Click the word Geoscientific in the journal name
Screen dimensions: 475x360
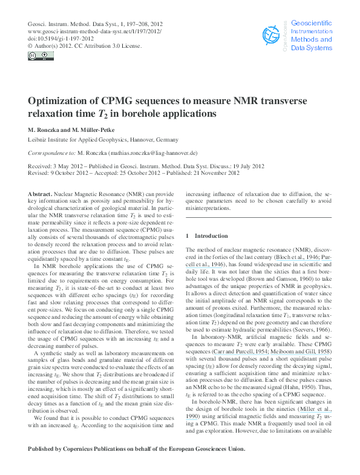tap(312, 22)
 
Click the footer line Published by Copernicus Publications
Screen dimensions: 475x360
tap(137, 449)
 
